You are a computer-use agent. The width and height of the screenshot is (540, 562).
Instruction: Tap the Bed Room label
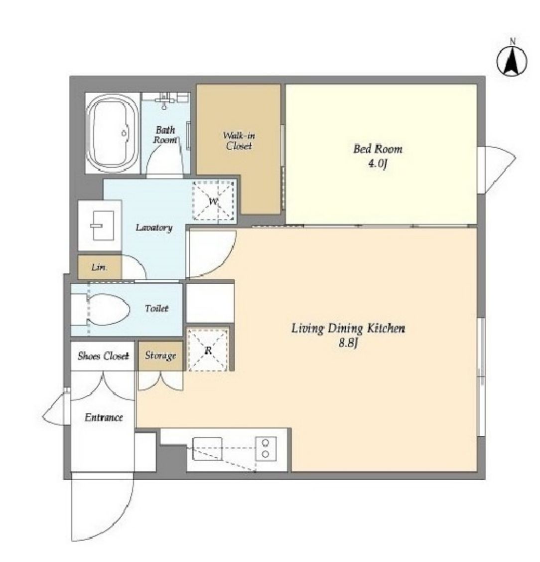(378, 149)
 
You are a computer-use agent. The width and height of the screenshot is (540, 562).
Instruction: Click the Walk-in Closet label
(239, 141)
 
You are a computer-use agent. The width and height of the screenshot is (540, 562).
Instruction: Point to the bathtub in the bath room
(113, 133)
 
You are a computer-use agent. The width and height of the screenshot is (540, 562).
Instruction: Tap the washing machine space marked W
(214, 200)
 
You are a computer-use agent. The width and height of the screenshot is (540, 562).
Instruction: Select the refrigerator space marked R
(208, 350)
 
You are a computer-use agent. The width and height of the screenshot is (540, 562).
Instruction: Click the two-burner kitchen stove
(266, 448)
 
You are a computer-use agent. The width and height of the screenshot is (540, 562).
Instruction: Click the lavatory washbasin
(102, 225)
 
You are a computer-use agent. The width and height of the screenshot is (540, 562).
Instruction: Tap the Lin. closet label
(99, 267)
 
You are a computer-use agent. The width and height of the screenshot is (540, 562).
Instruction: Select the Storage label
(160, 356)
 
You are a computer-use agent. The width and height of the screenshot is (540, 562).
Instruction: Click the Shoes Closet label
(103, 356)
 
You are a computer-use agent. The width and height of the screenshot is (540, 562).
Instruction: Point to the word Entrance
(104, 417)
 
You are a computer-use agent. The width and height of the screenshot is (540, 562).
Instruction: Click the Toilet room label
(157, 308)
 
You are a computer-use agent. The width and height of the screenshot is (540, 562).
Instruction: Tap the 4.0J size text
(378, 164)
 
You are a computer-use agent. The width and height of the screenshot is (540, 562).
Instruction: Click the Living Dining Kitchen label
(348, 328)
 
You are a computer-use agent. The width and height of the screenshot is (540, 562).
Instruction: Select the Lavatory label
(154, 227)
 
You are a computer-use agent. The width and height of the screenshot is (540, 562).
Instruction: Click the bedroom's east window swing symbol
(497, 170)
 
